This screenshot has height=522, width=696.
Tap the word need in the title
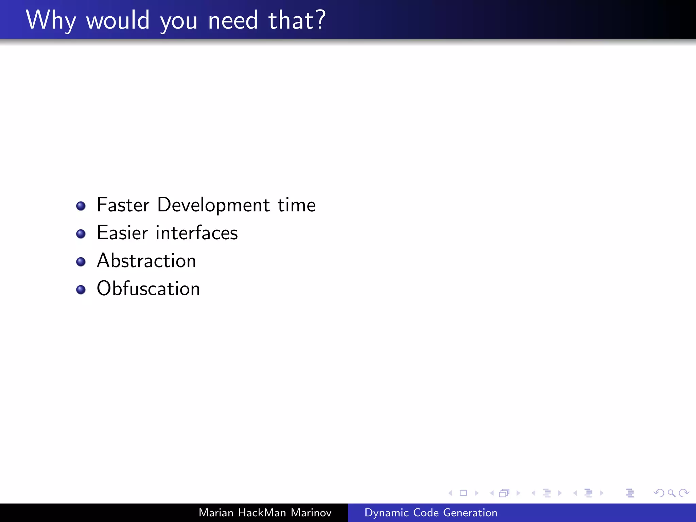pos(233,20)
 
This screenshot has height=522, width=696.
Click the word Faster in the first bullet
pos(123,205)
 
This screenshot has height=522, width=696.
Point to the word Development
pos(213,206)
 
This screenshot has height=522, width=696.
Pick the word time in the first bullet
pos(297,205)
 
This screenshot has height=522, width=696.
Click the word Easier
pos(122,233)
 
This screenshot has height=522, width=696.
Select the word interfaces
pos(197,233)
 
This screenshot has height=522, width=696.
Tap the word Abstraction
pos(146,261)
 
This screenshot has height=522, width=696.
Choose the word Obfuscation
pos(149,289)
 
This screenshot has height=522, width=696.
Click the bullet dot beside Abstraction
pos(81,262)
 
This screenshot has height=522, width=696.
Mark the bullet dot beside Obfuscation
pos(81,290)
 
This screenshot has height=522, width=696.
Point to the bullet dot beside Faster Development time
pos(81,206)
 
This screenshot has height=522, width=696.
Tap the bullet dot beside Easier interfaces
pos(81,234)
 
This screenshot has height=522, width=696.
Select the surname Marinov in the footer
pos(311,512)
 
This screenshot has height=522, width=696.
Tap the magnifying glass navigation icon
pos(671,493)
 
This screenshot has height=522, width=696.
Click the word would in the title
pos(118,20)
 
